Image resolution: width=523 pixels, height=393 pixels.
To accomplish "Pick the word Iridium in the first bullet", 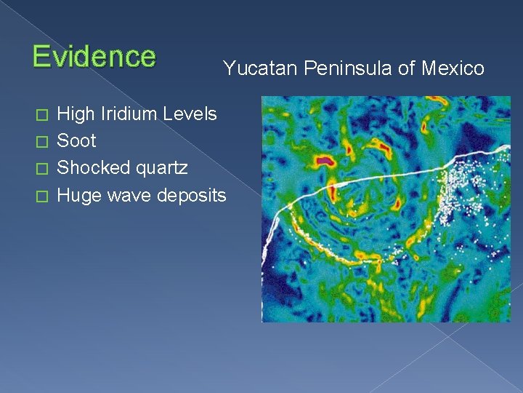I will [129, 114].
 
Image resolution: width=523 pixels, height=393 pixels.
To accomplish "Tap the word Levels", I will [190, 114].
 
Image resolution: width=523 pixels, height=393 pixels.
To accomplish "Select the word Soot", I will [76, 140].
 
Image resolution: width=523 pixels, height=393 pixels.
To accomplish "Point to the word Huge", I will [76, 196].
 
